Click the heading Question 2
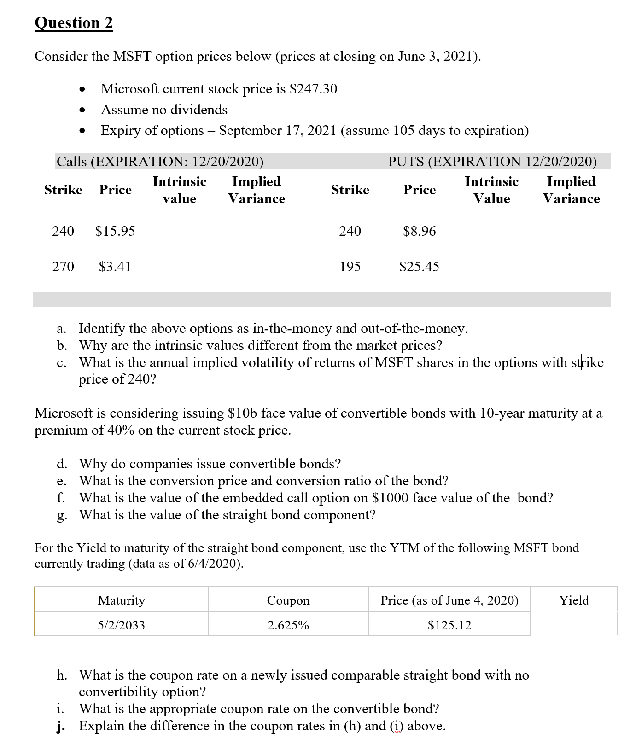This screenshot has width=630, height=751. [x=74, y=23]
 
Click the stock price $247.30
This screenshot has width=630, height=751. [x=313, y=89]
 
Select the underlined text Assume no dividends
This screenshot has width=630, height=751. [x=164, y=110]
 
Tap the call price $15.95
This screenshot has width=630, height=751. [x=115, y=231]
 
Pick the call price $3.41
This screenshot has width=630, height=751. [x=115, y=267]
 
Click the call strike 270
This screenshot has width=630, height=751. [x=63, y=267]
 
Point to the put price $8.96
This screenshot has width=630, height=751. [x=419, y=231]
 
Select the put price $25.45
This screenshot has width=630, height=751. [x=419, y=267]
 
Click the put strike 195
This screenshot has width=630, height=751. [x=350, y=267]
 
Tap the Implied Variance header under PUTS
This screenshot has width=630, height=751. [x=571, y=190]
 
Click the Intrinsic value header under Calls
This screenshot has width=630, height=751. [x=179, y=190]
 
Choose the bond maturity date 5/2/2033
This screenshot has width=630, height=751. [x=121, y=625]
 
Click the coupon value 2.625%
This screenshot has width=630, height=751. [x=288, y=625]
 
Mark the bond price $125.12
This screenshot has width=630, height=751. [x=449, y=625]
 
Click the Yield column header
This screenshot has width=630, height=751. [x=574, y=600]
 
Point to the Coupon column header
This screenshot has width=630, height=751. [x=288, y=600]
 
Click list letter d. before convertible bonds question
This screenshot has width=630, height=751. [x=62, y=464]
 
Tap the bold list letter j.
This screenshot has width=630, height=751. [x=60, y=726]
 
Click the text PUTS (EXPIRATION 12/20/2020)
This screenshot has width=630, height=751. [x=492, y=161]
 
